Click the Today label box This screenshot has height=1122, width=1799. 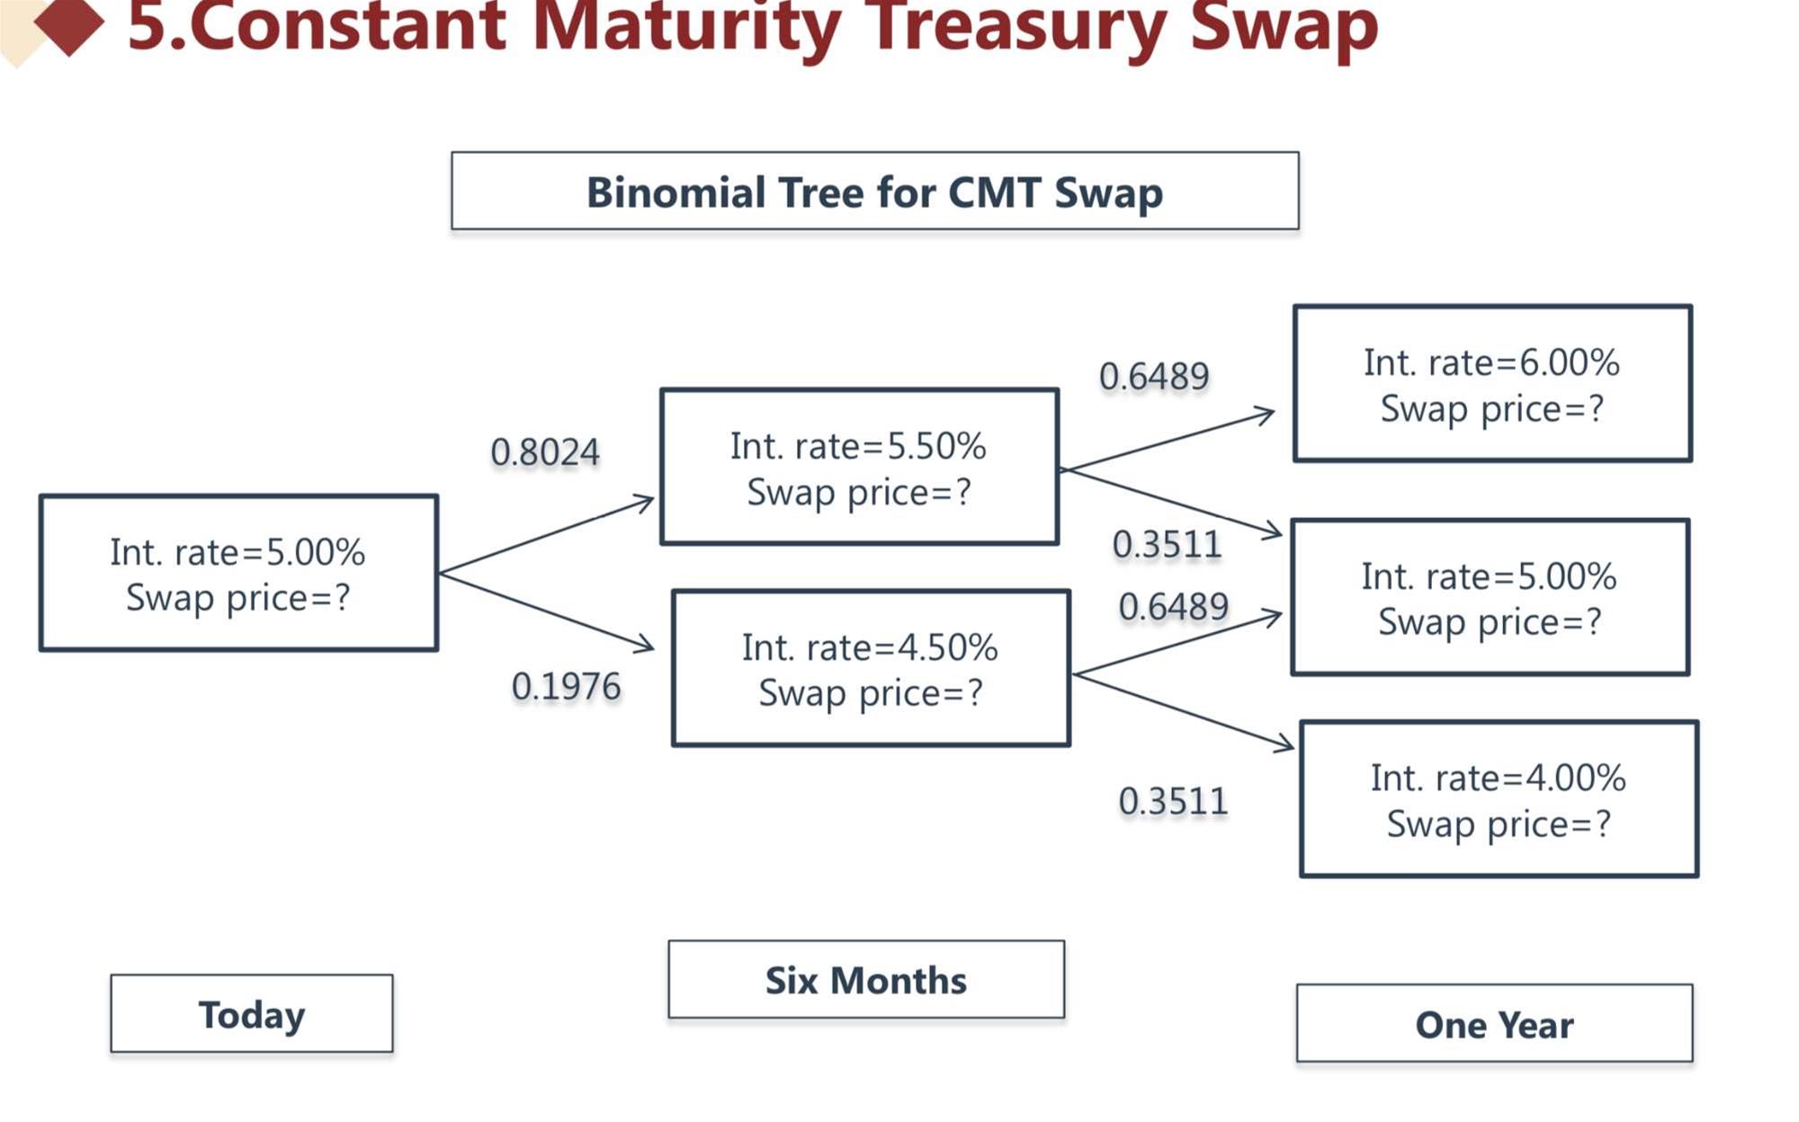pos(252,1014)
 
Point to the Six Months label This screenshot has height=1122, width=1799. pos(866,980)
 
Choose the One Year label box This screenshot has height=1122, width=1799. pos(1494,1024)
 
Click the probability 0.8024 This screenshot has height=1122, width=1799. pos(545,452)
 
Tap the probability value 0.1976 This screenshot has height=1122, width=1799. pos(566,687)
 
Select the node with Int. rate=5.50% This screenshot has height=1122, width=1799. pos(859,467)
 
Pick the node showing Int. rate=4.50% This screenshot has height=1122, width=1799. pos(871,668)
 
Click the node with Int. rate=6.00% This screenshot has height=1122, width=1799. pos(1492,384)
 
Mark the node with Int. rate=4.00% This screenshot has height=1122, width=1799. pos(1499,799)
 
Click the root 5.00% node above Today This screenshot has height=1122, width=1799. pos(238,573)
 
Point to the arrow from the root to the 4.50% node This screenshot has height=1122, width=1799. pos(547,611)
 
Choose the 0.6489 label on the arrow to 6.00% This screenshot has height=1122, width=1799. pos(1154,377)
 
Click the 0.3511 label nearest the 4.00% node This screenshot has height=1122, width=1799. pos(1173,801)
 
